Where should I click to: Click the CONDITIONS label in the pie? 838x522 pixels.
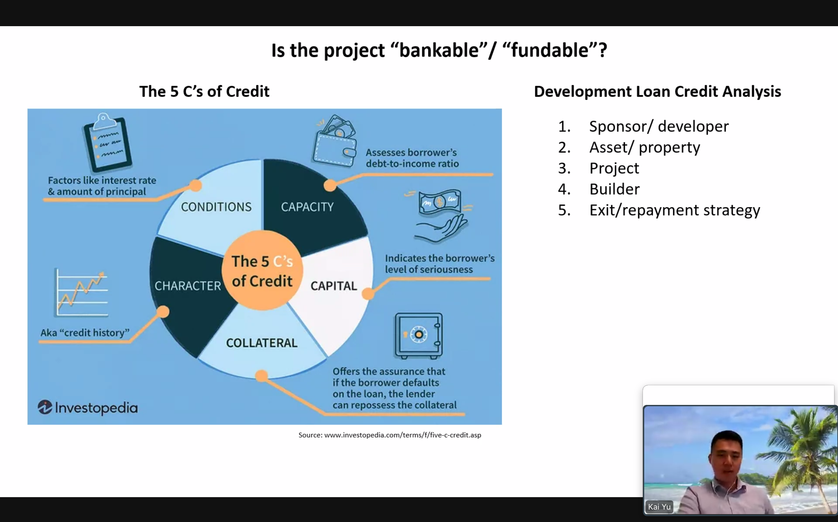[x=216, y=207]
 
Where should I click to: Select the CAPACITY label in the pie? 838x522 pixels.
[x=307, y=207]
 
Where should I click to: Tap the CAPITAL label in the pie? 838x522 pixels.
[x=334, y=286]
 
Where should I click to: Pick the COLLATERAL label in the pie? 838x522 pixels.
[x=262, y=343]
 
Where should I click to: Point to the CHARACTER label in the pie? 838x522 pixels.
[x=188, y=286]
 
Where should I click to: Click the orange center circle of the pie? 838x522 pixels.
[x=262, y=270]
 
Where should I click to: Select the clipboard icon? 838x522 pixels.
[x=107, y=142]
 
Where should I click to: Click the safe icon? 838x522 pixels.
[x=419, y=336]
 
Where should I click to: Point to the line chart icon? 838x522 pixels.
[x=82, y=293]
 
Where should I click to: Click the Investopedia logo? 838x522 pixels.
[x=87, y=408]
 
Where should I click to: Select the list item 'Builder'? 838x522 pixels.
[x=614, y=189]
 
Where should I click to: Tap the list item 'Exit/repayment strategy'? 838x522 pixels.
[x=675, y=210]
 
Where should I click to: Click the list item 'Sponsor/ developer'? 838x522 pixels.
[x=659, y=126]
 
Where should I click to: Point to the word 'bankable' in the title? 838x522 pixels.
[x=439, y=50]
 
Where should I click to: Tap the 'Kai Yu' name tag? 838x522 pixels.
[x=659, y=507]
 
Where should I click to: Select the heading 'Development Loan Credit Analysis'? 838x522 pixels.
[x=657, y=92]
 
